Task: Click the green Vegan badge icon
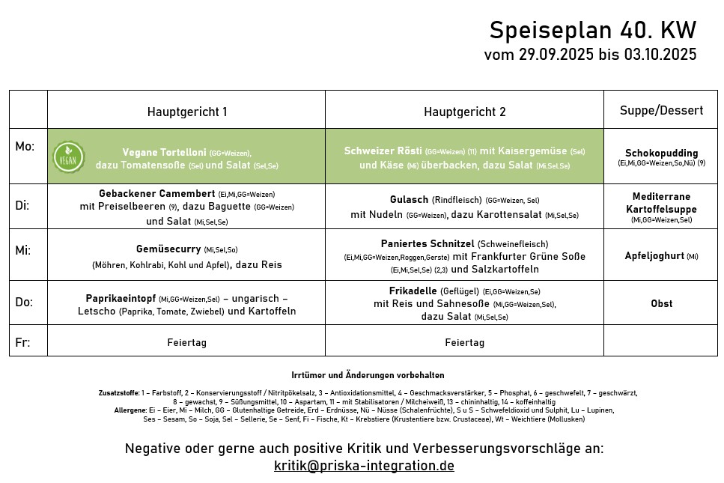click(68, 157)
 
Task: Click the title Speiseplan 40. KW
click(592, 31)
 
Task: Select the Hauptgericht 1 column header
click(186, 112)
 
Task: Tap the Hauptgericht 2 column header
click(464, 112)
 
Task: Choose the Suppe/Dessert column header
click(661, 110)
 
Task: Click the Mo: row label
click(25, 147)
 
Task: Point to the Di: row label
click(22, 204)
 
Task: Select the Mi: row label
click(23, 250)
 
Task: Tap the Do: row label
click(24, 302)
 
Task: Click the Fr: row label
click(22, 342)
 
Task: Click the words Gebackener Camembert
click(156, 193)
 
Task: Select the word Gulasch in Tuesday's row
click(409, 200)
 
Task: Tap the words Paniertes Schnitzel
click(427, 243)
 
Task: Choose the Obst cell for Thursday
click(661, 303)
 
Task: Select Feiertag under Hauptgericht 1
click(186, 342)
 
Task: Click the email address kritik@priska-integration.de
click(364, 465)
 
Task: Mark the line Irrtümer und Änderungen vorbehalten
click(367, 374)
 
